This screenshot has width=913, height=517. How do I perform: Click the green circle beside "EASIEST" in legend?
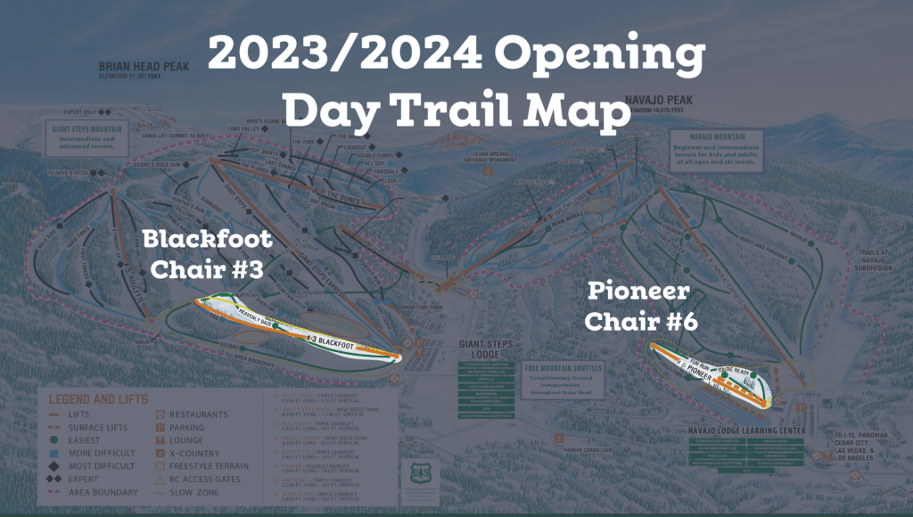tap(54, 439)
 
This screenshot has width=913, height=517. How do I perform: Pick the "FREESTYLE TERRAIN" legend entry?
tap(206, 465)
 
